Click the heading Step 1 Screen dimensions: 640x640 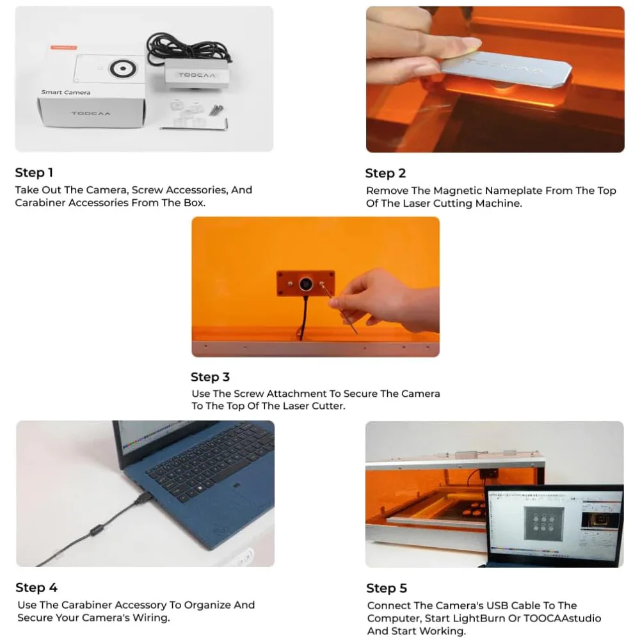(35, 173)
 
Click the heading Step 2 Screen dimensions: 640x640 (385, 173)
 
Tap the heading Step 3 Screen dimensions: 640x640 (210, 377)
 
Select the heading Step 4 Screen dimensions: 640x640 (36, 588)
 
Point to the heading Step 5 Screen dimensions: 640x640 (387, 588)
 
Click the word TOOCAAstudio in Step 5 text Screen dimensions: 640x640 (563, 618)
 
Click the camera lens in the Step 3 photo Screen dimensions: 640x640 (306, 284)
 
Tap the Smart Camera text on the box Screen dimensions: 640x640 (66, 92)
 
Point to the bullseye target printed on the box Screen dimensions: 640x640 (122, 68)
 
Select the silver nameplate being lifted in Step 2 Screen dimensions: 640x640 (506, 69)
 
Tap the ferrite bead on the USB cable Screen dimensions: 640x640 (96, 531)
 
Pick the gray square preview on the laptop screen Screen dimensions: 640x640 (544, 524)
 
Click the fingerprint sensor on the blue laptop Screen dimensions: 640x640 (236, 486)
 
